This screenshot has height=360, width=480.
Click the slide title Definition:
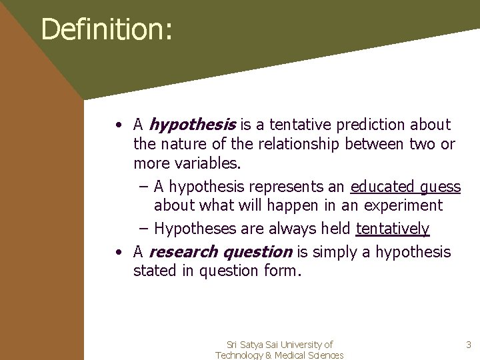pyautogui.click(x=107, y=29)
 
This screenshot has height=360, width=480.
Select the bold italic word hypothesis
pyautogui.click(x=193, y=125)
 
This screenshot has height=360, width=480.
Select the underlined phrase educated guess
pyautogui.click(x=405, y=187)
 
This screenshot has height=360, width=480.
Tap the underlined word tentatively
pyautogui.click(x=393, y=229)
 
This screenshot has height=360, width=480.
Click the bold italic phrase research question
pyautogui.click(x=221, y=252)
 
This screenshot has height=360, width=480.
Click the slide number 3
pyautogui.click(x=468, y=345)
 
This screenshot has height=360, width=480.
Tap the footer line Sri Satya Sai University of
pyautogui.click(x=279, y=345)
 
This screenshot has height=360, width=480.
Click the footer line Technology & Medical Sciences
pyautogui.click(x=279, y=355)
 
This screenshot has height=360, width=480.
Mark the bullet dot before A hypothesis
pyautogui.click(x=117, y=125)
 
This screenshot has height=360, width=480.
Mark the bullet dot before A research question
pyautogui.click(x=117, y=253)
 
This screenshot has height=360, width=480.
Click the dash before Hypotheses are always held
pyautogui.click(x=144, y=229)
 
